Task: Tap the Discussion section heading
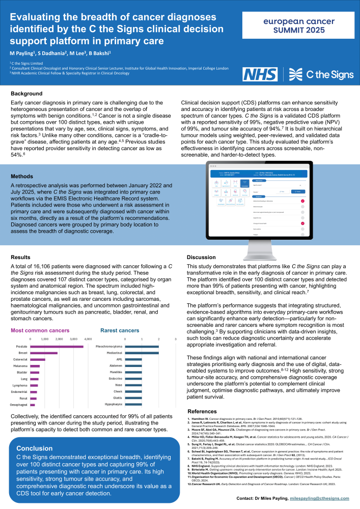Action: pyautogui.click(x=202, y=257)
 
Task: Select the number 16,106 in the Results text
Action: pyautogui.click(x=49, y=266)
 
